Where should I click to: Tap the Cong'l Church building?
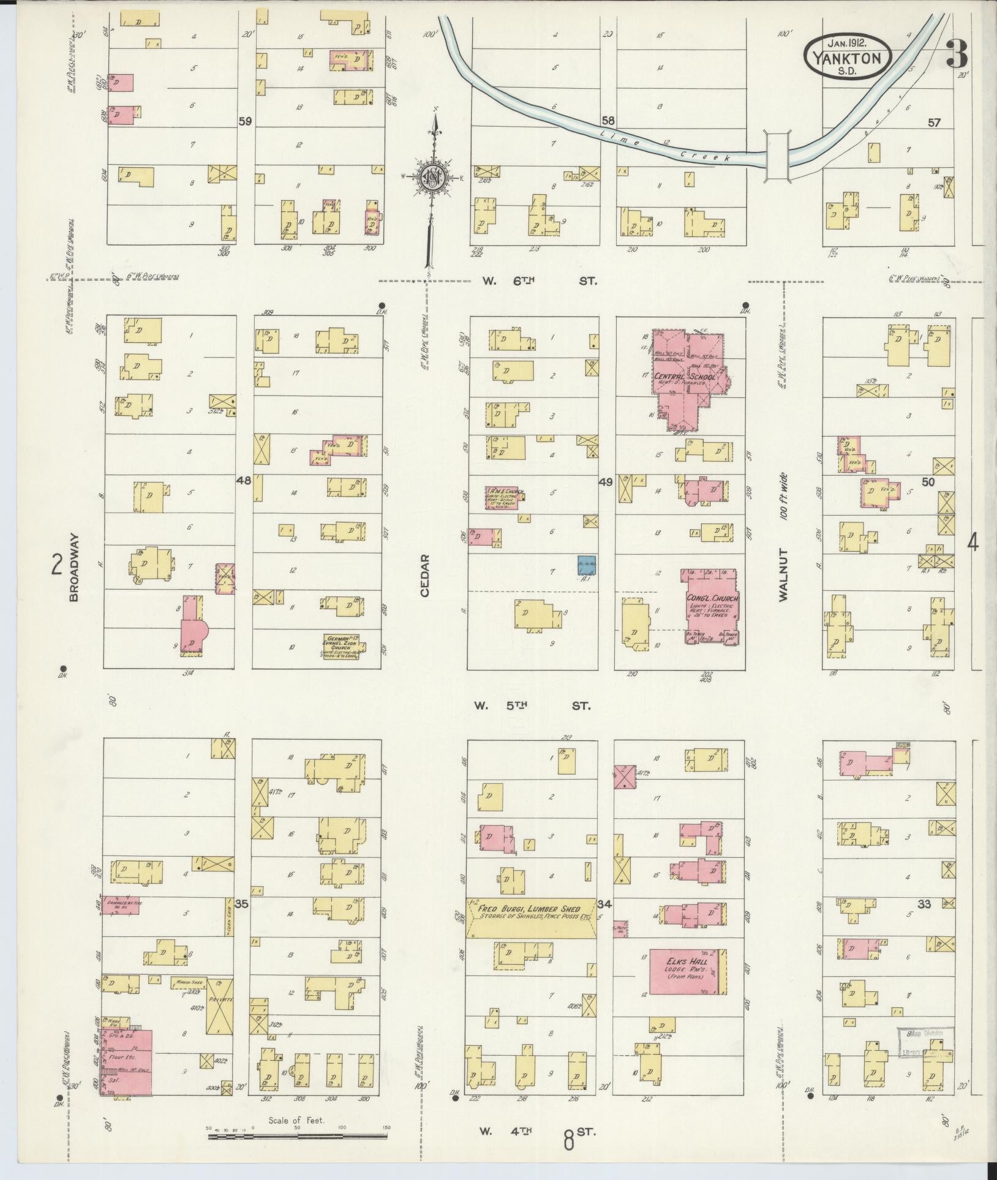click(711, 606)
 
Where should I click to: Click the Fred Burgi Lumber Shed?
click(530, 919)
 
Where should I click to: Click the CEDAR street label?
click(425, 576)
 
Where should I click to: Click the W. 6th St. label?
click(538, 281)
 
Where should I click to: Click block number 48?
click(244, 481)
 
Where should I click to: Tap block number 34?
click(605, 904)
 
